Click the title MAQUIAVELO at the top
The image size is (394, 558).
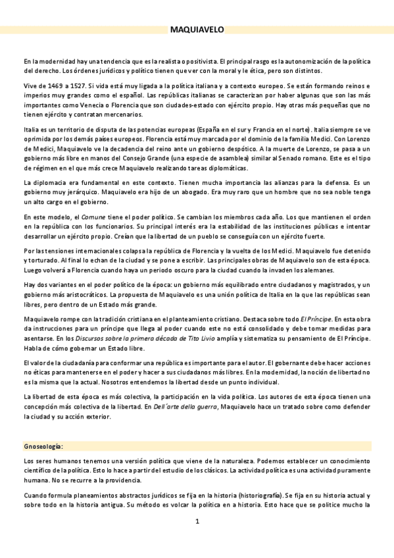pos(197,30)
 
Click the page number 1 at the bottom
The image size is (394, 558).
pos(197,522)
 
